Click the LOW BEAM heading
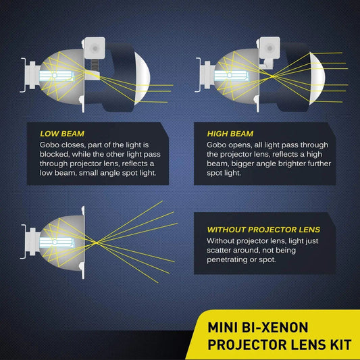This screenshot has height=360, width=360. tap(63, 133)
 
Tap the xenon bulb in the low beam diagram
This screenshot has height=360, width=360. tap(57, 70)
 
